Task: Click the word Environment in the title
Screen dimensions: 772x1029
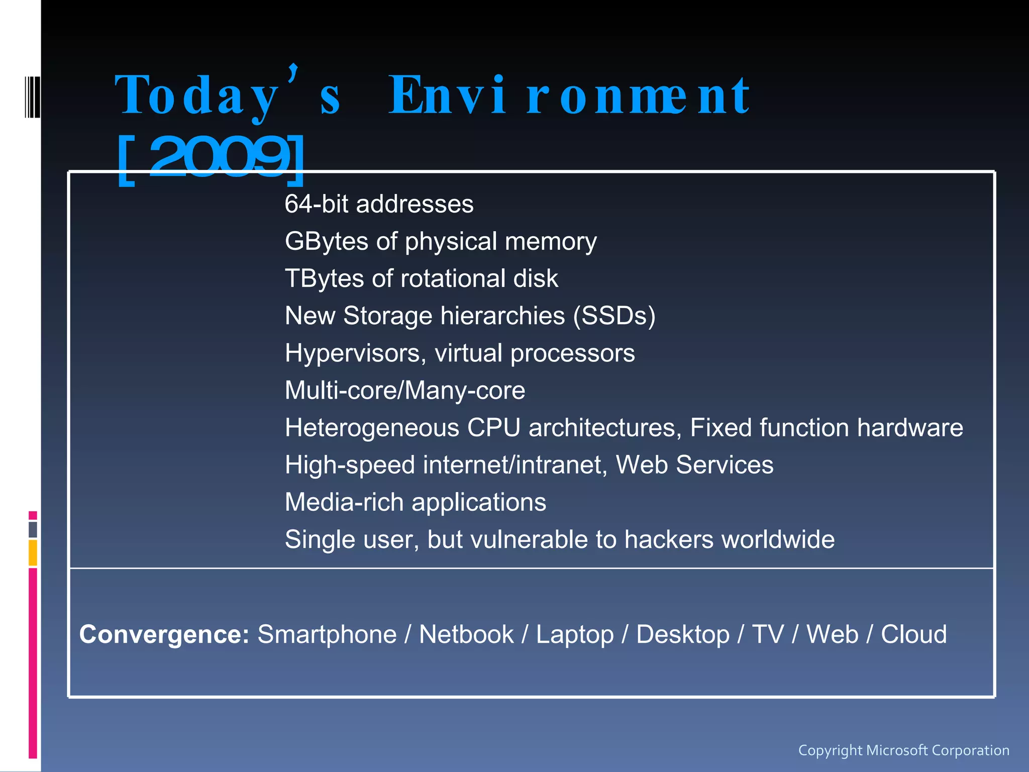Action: tap(569, 95)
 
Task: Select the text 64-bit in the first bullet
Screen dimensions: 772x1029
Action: tap(317, 204)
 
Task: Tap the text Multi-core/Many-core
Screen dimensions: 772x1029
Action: tap(405, 391)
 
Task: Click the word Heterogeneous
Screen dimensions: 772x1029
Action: tap(372, 428)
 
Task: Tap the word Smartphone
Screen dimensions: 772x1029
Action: tap(327, 634)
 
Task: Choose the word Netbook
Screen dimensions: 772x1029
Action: tap(466, 634)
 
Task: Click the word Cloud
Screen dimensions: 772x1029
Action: tap(913, 634)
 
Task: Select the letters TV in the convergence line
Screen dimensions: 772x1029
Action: tap(768, 634)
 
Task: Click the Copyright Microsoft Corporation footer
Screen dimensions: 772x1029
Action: tap(903, 750)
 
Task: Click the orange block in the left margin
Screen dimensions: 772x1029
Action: tap(33, 552)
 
